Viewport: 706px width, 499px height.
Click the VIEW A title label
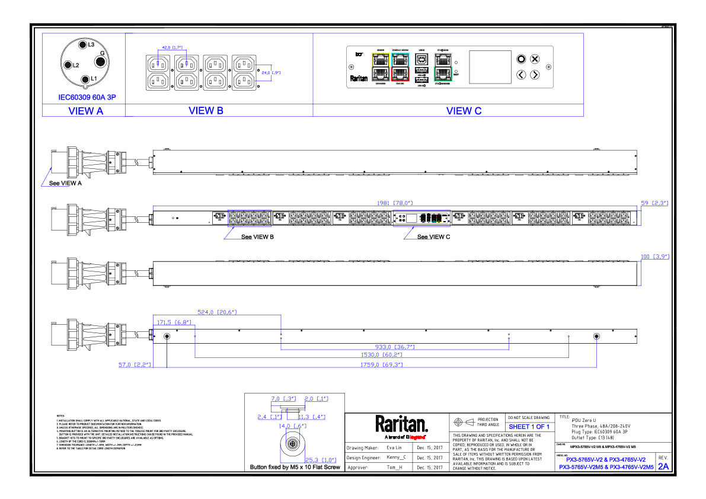pyautogui.click(x=86, y=111)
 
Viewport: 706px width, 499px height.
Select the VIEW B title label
pyautogui.click(x=206, y=111)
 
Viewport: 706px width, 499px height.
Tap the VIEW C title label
pyautogui.click(x=464, y=111)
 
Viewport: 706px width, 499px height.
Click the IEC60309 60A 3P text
pyautogui.click(x=87, y=97)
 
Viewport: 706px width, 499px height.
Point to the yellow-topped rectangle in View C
pyautogui.click(x=381, y=66)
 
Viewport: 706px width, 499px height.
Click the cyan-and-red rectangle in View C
pyautogui.click(x=400, y=66)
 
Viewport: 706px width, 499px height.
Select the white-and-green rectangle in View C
pyautogui.click(x=443, y=66)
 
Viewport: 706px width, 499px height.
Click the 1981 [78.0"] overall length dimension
pyautogui.click(x=395, y=203)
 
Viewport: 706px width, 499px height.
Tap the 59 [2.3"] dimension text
pyautogui.click(x=654, y=203)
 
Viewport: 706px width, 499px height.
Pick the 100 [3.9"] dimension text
pyautogui.click(x=655, y=257)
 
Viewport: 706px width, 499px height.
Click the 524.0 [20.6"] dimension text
pyautogui.click(x=218, y=312)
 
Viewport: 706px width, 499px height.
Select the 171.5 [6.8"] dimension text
pyautogui.click(x=174, y=322)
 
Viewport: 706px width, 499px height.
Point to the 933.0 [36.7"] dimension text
pyautogui.click(x=395, y=347)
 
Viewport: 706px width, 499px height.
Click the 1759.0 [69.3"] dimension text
pyautogui.click(x=382, y=365)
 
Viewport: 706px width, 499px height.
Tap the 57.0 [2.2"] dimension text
pyautogui.click(x=135, y=365)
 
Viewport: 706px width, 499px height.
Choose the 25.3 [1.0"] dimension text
pyautogui.click(x=321, y=460)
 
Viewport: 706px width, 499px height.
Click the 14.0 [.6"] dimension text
pyautogui.click(x=292, y=426)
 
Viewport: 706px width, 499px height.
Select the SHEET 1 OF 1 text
pyautogui.click(x=529, y=427)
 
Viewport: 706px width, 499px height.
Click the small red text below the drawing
pyautogui.click(x=417, y=437)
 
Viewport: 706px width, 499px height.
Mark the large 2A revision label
pyautogui.click(x=663, y=466)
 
